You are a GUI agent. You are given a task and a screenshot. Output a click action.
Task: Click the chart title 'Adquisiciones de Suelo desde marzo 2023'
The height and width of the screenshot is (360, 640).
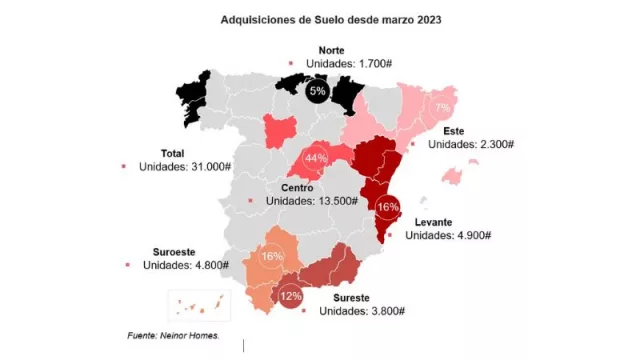319,19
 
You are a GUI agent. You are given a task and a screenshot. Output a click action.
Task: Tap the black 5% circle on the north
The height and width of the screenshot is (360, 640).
318,92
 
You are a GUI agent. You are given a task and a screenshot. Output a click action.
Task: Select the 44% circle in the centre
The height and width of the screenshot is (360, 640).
317,159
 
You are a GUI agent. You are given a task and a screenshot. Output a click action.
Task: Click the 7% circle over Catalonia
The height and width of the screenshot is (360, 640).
441,108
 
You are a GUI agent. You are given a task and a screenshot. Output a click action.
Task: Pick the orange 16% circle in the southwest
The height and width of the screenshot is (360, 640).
271,256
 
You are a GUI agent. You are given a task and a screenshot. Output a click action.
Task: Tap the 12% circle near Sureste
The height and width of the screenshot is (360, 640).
291,296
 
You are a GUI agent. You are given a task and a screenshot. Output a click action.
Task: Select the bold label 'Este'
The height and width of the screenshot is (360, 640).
455,130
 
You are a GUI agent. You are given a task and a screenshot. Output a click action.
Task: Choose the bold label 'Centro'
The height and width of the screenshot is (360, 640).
297,187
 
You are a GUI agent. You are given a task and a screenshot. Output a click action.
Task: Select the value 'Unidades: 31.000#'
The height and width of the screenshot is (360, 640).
186,167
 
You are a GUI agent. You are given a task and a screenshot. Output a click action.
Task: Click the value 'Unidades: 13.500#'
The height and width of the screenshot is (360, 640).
312,201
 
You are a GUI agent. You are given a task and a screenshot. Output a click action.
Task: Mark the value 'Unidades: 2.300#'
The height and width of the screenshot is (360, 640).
470,144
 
